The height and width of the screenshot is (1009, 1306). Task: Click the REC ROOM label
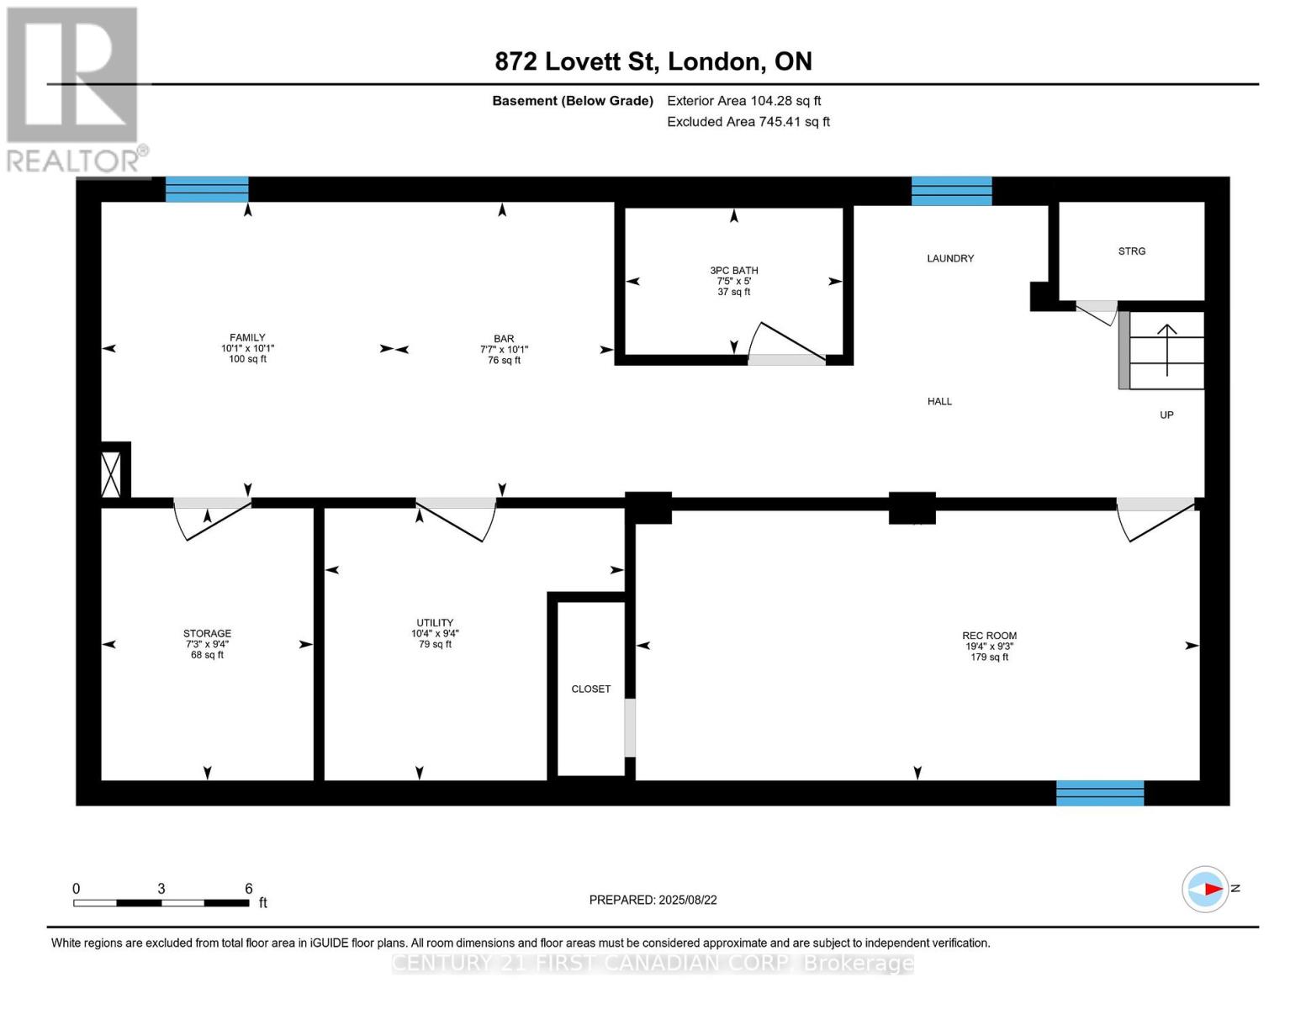tap(989, 636)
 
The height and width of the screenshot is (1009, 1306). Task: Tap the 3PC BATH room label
tap(733, 271)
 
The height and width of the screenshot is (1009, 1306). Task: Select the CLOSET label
tap(590, 689)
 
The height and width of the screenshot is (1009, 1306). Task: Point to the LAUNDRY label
tap(950, 258)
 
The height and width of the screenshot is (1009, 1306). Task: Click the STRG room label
tap(1131, 251)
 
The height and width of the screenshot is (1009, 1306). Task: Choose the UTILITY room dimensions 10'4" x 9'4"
tap(435, 633)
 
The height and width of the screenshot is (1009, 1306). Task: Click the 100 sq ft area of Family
tap(247, 359)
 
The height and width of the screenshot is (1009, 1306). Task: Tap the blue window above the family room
tap(207, 189)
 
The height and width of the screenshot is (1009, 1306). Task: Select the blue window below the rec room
tap(1099, 793)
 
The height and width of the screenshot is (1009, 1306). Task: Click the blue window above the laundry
tap(951, 191)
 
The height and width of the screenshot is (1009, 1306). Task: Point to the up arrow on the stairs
tap(1167, 349)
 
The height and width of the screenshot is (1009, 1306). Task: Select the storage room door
tap(211, 517)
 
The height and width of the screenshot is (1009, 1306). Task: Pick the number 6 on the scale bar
tap(249, 888)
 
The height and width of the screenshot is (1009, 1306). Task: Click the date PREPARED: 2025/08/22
tap(653, 900)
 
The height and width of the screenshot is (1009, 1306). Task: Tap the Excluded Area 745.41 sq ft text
tap(748, 122)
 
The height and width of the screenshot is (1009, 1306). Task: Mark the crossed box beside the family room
tap(111, 473)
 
